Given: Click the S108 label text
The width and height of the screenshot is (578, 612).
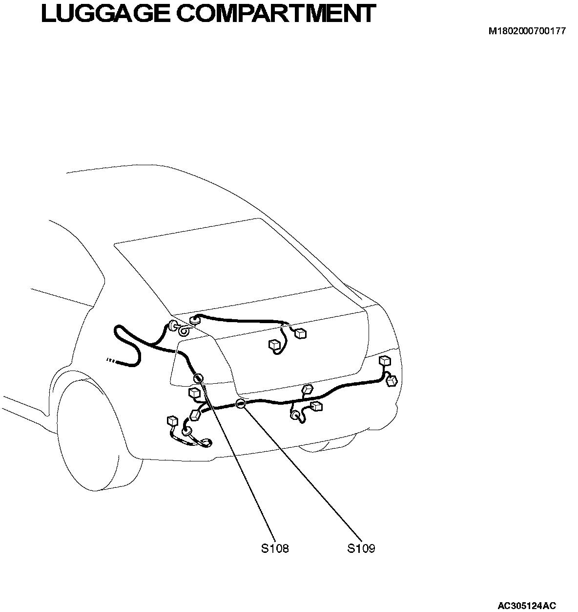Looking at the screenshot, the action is [274, 548].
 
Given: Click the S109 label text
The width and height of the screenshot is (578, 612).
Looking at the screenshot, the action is [361, 548].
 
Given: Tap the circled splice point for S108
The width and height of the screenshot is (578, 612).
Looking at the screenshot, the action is [198, 378].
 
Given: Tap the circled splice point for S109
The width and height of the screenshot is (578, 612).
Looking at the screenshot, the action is [240, 404].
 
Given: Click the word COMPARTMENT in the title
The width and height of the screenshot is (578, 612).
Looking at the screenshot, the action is [276, 14].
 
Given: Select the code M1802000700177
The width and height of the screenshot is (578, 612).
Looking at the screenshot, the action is [527, 31].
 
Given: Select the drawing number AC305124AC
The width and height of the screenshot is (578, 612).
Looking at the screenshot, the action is [527, 606].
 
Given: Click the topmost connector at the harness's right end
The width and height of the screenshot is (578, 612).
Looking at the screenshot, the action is [385, 361].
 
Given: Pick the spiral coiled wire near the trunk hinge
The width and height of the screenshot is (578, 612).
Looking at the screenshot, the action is [185, 332].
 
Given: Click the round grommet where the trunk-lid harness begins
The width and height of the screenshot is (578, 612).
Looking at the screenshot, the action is [195, 320].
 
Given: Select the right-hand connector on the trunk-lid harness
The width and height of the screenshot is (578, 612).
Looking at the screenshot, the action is [301, 333].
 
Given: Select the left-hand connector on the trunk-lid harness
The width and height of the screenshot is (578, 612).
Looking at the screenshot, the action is [274, 345].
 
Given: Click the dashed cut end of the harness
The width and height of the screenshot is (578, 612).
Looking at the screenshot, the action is [110, 361].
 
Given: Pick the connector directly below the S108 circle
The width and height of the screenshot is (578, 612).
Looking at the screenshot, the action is [195, 393].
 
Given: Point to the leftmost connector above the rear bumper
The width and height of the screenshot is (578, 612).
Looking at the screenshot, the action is [172, 421].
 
